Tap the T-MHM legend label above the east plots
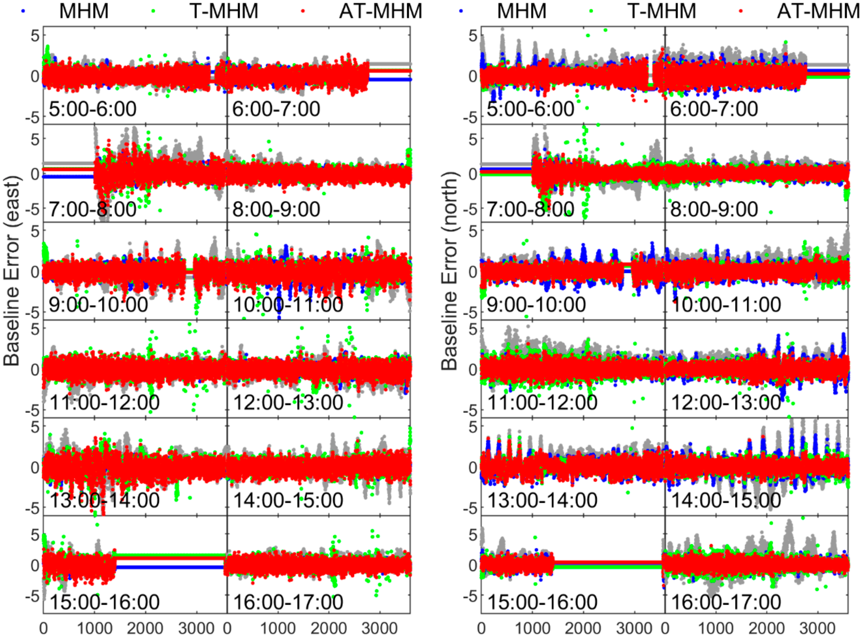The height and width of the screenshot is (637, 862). tap(224, 11)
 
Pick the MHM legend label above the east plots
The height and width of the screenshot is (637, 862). tap(84, 11)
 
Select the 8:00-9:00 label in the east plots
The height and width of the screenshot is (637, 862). tap(276, 209)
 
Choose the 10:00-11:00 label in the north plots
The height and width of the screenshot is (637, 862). tap(726, 305)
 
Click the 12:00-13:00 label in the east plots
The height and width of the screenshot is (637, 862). tap(288, 403)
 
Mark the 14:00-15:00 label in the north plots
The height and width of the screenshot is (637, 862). tap(726, 500)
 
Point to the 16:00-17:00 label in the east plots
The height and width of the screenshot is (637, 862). tap(288, 602)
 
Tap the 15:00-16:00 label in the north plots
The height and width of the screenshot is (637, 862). tap(542, 602)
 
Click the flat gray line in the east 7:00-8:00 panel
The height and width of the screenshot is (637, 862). tap(68, 164)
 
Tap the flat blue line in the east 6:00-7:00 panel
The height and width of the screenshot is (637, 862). tap(390, 80)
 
